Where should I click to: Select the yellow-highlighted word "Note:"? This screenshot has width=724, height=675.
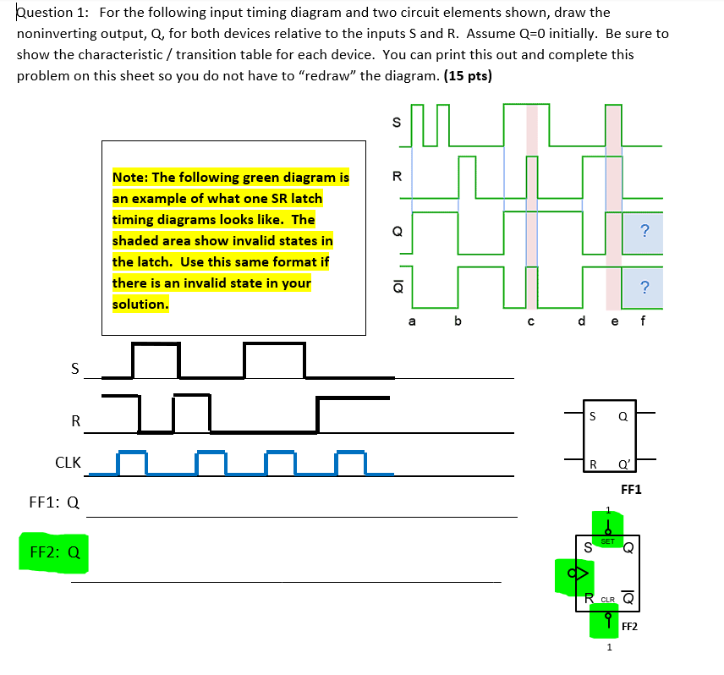pyautogui.click(x=132, y=178)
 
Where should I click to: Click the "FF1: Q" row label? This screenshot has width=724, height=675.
pyautogui.click(x=54, y=502)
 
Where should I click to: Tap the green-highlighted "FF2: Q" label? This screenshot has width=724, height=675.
pyautogui.click(x=55, y=553)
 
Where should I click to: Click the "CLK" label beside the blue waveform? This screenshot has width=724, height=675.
pyautogui.click(x=68, y=463)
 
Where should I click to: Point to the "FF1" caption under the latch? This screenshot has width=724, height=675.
pyautogui.click(x=631, y=489)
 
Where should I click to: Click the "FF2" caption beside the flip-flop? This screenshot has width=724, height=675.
pyautogui.click(x=630, y=627)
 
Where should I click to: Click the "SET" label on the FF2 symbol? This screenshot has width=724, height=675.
pyautogui.click(x=608, y=541)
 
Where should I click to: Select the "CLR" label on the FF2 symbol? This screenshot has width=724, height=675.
pyautogui.click(x=607, y=600)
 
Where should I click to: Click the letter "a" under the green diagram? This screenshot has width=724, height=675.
pyautogui.click(x=412, y=321)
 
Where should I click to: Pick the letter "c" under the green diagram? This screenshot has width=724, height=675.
pyautogui.click(x=530, y=321)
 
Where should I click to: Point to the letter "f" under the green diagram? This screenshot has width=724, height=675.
pyautogui.click(x=643, y=321)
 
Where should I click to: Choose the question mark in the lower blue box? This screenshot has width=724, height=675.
pyautogui.click(x=644, y=287)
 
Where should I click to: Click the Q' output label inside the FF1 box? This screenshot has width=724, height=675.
pyautogui.click(x=623, y=464)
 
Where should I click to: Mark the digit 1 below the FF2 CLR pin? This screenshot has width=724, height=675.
pyautogui.click(x=608, y=649)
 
